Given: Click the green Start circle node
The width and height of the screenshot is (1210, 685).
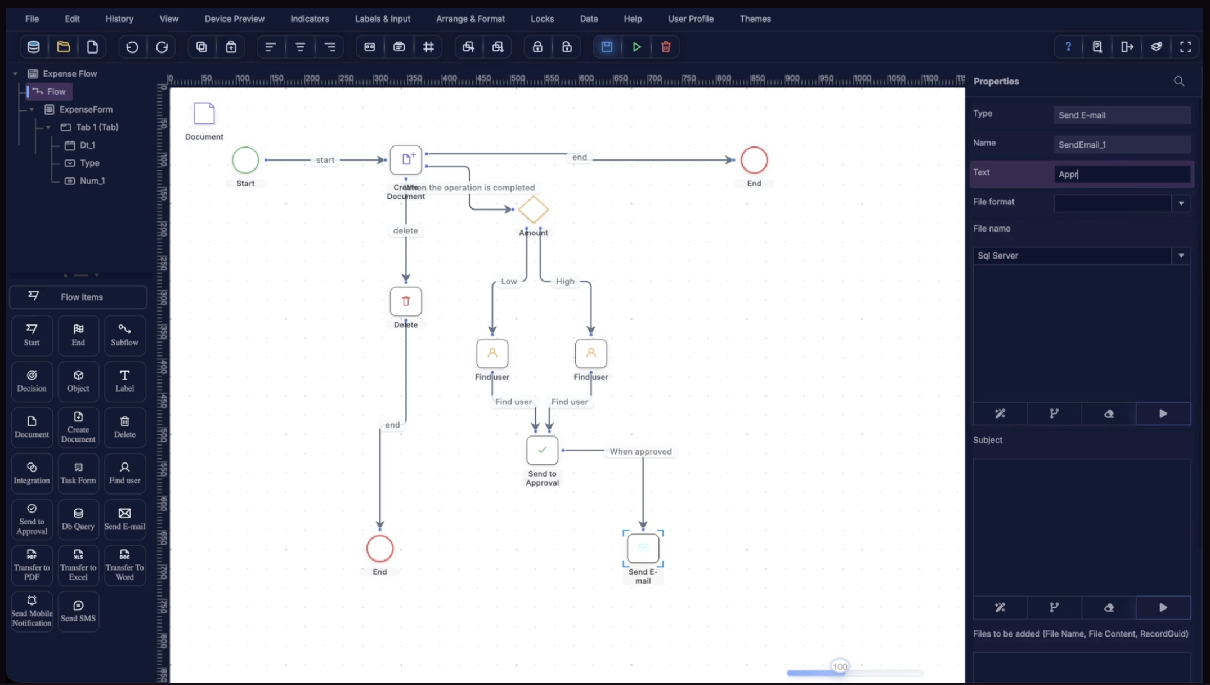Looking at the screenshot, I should pyautogui.click(x=245, y=160).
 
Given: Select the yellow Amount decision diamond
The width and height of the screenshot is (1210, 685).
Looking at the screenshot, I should pyautogui.click(x=533, y=210).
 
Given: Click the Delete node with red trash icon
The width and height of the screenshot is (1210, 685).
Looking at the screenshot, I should pyautogui.click(x=406, y=301).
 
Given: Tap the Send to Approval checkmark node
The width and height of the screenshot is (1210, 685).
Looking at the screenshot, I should pyautogui.click(x=542, y=450).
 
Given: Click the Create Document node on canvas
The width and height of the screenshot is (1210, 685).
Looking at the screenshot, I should pyautogui.click(x=406, y=160).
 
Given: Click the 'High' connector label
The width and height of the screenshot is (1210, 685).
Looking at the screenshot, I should pyautogui.click(x=565, y=281).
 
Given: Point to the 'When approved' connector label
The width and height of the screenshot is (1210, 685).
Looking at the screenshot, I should pyautogui.click(x=640, y=451).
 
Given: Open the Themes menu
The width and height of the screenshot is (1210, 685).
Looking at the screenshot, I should pyautogui.click(x=755, y=19).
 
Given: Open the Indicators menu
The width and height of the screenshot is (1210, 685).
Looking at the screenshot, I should pyautogui.click(x=310, y=19).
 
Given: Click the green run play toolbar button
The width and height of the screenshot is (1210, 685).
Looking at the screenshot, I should pyautogui.click(x=637, y=47).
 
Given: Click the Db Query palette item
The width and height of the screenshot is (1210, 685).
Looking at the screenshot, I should pyautogui.click(x=78, y=519).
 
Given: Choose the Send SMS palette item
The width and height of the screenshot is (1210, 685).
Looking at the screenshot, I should pyautogui.click(x=78, y=611).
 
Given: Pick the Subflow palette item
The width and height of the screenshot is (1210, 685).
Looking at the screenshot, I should pyautogui.click(x=124, y=335).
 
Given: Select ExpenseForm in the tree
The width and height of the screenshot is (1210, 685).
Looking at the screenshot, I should pyautogui.click(x=86, y=109).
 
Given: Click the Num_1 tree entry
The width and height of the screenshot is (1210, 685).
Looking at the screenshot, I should pyautogui.click(x=92, y=181).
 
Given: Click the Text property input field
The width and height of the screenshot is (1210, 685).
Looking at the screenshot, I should pyautogui.click(x=1121, y=174).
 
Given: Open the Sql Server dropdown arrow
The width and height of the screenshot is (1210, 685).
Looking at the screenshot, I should pyautogui.click(x=1181, y=256).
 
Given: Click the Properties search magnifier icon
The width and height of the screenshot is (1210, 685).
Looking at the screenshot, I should pyautogui.click(x=1179, y=82).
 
